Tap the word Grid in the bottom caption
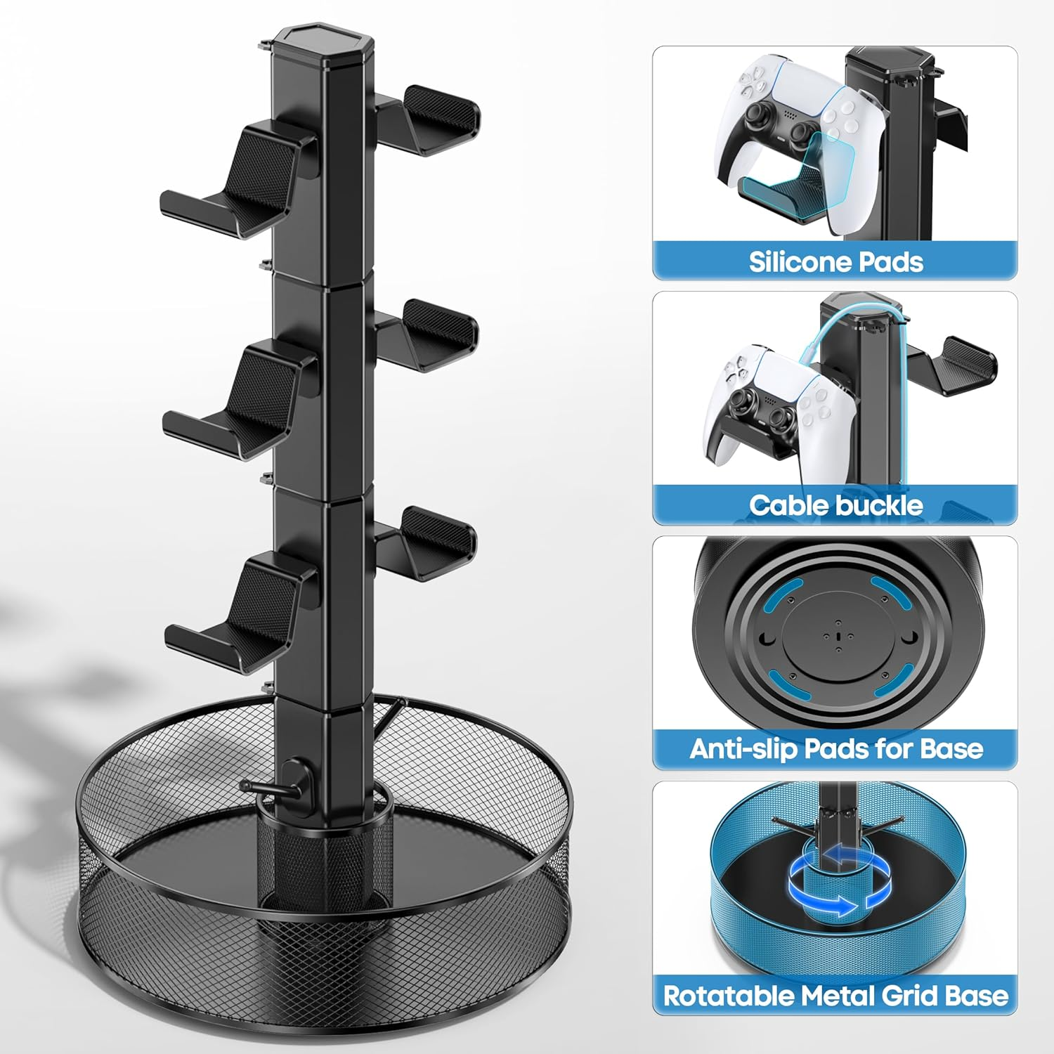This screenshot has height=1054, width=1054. pos(906,996)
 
